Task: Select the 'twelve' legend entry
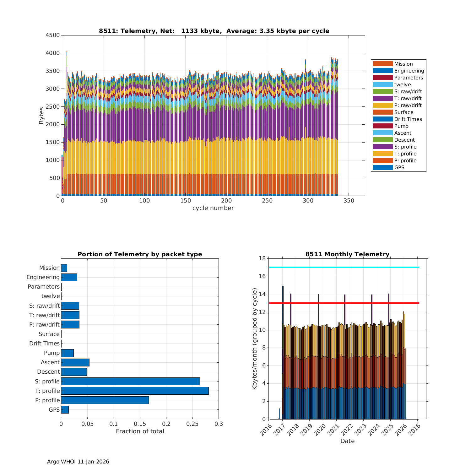[402, 85]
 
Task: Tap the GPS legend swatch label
[399, 168]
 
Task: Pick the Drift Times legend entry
[408, 119]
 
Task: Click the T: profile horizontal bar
[135, 391]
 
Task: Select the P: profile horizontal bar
[105, 400]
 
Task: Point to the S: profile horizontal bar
[130, 382]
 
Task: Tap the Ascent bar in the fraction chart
[75, 362]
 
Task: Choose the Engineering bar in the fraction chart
[69, 277]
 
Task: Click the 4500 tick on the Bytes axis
[52, 35]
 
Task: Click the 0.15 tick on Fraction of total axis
[140, 424]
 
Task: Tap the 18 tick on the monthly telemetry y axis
[262, 258]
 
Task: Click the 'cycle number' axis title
[213, 208]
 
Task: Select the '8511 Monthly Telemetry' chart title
[347, 254]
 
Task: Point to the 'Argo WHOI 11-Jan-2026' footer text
[78, 462]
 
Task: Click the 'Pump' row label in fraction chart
[52, 353]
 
